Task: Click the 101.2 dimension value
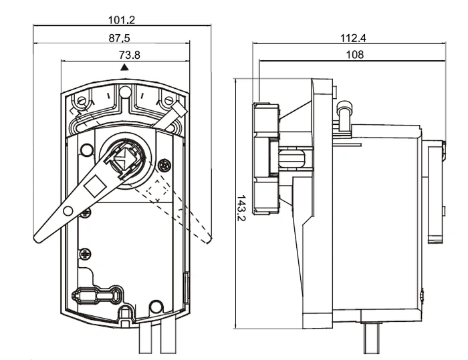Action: coord(122,20)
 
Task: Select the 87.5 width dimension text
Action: coord(120,38)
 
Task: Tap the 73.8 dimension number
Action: coord(130,55)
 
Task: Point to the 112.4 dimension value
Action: coord(353,38)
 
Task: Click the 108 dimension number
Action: coord(354,55)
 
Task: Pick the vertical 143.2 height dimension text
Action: coord(241,208)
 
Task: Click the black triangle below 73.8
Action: coord(124,67)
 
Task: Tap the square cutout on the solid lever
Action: coord(95,186)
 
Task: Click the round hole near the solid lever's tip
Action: coord(68,211)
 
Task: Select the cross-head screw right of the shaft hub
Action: coord(164,165)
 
